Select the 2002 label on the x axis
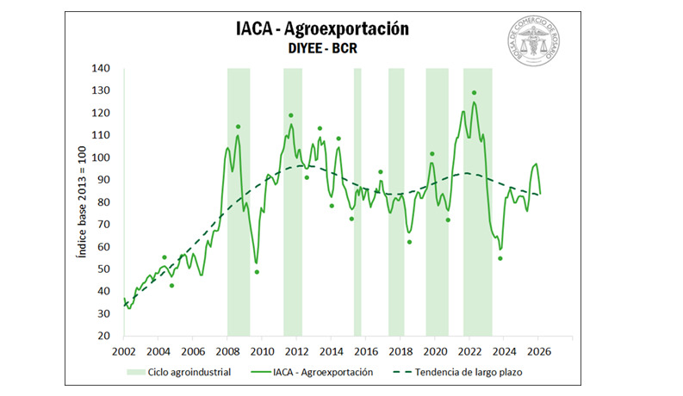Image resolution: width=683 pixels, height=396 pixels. pyautogui.click(x=124, y=351)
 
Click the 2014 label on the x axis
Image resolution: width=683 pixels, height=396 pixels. pyautogui.click(x=332, y=351)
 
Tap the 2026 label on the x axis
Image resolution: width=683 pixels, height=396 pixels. pyautogui.click(x=539, y=351)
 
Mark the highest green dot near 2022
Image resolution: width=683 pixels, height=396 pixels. pyautogui.click(x=474, y=93)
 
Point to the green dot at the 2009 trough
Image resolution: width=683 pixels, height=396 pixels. pyautogui.click(x=257, y=272)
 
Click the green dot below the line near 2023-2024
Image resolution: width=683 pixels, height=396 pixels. pyautogui.click(x=500, y=258)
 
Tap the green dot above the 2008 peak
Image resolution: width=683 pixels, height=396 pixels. pyautogui.click(x=238, y=127)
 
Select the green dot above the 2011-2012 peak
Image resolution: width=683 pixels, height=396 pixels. pyautogui.click(x=291, y=115)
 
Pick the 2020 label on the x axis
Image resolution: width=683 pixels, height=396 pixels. pyautogui.click(x=435, y=351)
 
